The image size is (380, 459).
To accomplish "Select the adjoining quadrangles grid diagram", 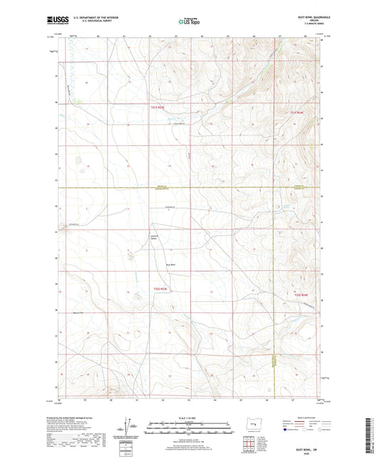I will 247,447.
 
